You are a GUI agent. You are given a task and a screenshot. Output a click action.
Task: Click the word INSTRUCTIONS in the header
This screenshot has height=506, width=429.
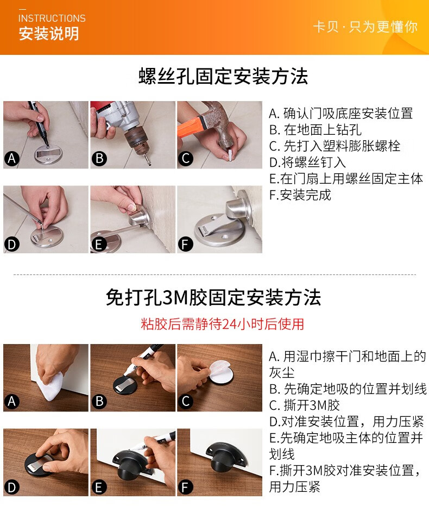(52, 18)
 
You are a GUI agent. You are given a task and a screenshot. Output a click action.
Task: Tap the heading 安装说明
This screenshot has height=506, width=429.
(49, 34)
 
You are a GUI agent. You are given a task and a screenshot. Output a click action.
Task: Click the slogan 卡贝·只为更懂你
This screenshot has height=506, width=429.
(365, 27)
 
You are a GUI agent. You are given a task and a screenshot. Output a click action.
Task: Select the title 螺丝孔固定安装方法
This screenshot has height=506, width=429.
(223, 77)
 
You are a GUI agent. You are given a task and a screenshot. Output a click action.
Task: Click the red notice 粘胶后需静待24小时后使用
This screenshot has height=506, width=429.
(223, 324)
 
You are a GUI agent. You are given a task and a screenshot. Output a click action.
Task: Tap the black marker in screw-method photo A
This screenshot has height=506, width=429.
(39, 123)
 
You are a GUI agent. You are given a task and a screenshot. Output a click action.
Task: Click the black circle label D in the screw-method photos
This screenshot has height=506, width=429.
(11, 244)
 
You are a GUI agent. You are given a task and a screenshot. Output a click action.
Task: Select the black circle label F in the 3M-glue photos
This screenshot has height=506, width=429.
(185, 488)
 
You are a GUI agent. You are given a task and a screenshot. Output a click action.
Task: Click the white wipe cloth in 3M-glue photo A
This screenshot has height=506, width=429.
(49, 386)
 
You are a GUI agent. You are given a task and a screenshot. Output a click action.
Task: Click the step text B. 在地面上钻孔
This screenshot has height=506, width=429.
(315, 130)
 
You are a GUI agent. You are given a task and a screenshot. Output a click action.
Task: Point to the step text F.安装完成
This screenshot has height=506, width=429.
(300, 195)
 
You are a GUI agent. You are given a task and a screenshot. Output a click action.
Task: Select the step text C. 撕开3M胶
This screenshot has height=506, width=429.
(305, 405)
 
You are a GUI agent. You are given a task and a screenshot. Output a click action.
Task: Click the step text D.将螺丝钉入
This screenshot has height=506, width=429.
(307, 163)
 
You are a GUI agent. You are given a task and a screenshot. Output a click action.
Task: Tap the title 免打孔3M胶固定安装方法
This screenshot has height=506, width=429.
(213, 297)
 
